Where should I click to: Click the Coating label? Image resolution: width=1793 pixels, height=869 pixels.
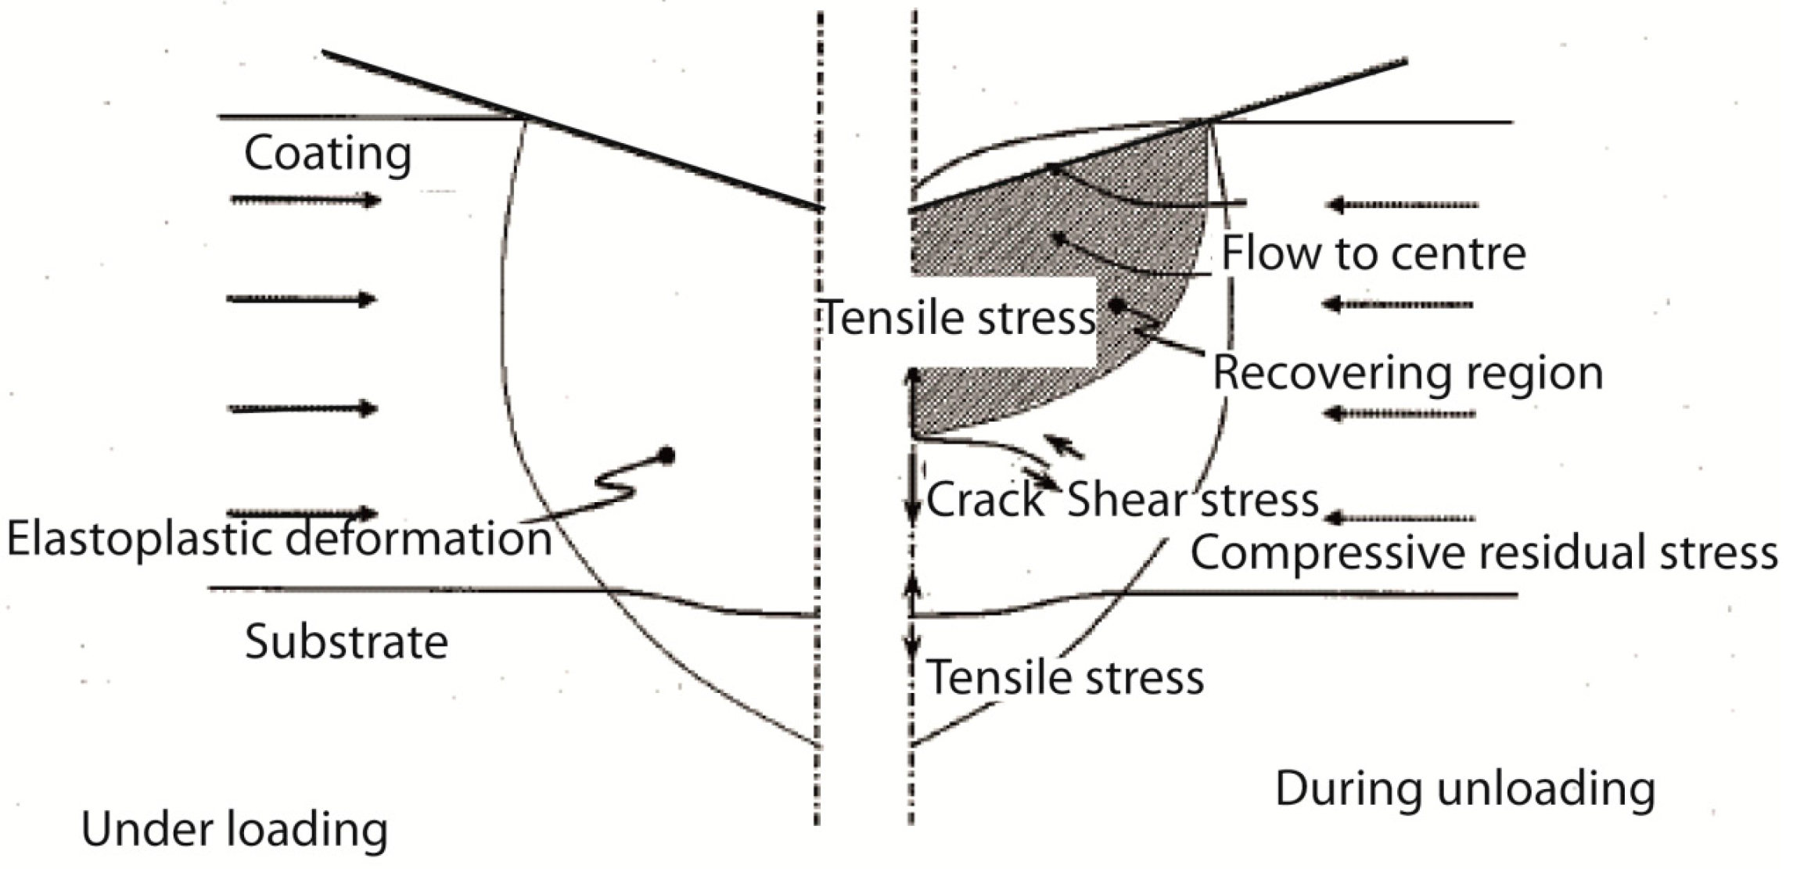coord(328,153)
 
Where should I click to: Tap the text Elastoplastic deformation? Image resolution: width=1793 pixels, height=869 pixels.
coord(279,540)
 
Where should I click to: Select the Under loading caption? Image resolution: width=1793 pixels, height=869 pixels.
coord(234,830)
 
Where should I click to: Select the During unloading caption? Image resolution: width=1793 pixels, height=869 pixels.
coord(1464,788)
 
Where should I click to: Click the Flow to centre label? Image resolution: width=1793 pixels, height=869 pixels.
coord(1373,253)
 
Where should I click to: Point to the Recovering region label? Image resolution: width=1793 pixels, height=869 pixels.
coord(1407,373)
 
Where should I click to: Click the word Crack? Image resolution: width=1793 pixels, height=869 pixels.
coord(986,499)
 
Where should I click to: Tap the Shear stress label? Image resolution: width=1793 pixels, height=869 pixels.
coord(1192,499)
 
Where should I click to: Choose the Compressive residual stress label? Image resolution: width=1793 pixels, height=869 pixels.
coord(1483,553)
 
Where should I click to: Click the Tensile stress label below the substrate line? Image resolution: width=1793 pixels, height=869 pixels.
coord(1065,677)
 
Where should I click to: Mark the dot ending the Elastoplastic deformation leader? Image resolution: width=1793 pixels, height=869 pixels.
coord(667,455)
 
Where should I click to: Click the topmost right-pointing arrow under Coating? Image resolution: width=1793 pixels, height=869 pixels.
coord(305,200)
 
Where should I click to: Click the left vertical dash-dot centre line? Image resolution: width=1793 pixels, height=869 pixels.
coord(818,469)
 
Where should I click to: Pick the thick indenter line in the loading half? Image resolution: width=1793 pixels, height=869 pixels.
coord(571,131)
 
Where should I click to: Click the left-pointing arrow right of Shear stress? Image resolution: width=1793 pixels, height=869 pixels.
coord(1400,518)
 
